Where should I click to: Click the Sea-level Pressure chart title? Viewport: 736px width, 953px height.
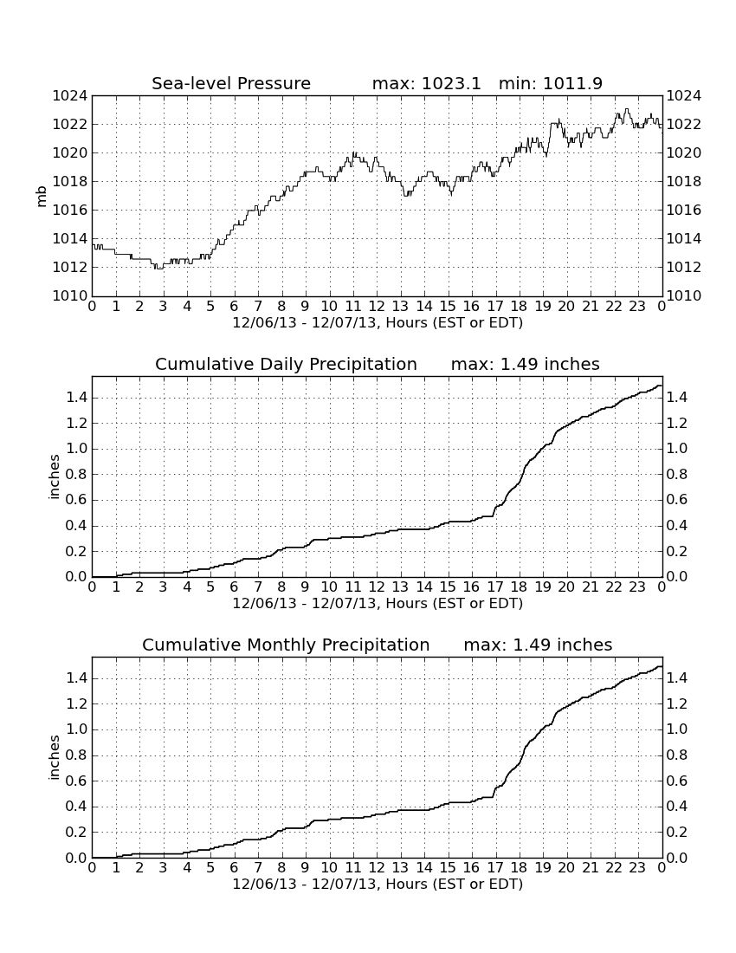pos(231,83)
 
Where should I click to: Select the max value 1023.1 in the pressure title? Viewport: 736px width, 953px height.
pos(451,83)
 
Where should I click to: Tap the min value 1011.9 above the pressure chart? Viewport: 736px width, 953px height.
pos(572,83)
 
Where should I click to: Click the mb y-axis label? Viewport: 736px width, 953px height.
pos(42,197)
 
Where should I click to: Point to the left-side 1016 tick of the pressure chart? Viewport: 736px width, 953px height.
pos(70,211)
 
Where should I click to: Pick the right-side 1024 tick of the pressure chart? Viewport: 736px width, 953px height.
pos(684,96)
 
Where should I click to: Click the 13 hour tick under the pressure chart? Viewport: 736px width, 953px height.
pos(400,307)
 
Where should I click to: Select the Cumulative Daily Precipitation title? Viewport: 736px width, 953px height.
pos(286,364)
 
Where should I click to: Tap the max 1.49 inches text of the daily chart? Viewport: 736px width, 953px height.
pos(526,364)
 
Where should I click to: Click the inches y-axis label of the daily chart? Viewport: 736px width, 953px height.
pos(54,477)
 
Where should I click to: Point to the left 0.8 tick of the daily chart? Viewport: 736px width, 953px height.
pos(76,475)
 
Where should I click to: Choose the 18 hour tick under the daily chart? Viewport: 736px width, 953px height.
pos(520,587)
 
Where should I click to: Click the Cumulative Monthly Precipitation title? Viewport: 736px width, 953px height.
pos(286,645)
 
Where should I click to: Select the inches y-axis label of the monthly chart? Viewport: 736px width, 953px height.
pos(54,758)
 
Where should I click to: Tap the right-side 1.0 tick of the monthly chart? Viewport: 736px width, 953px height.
pos(677,729)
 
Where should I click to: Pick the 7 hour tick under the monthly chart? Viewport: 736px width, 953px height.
pos(258,868)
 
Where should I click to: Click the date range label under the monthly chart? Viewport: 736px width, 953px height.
pos(378,884)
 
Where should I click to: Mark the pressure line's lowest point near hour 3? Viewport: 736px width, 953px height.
pos(159,268)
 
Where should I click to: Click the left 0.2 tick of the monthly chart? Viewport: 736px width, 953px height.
pos(76,833)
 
